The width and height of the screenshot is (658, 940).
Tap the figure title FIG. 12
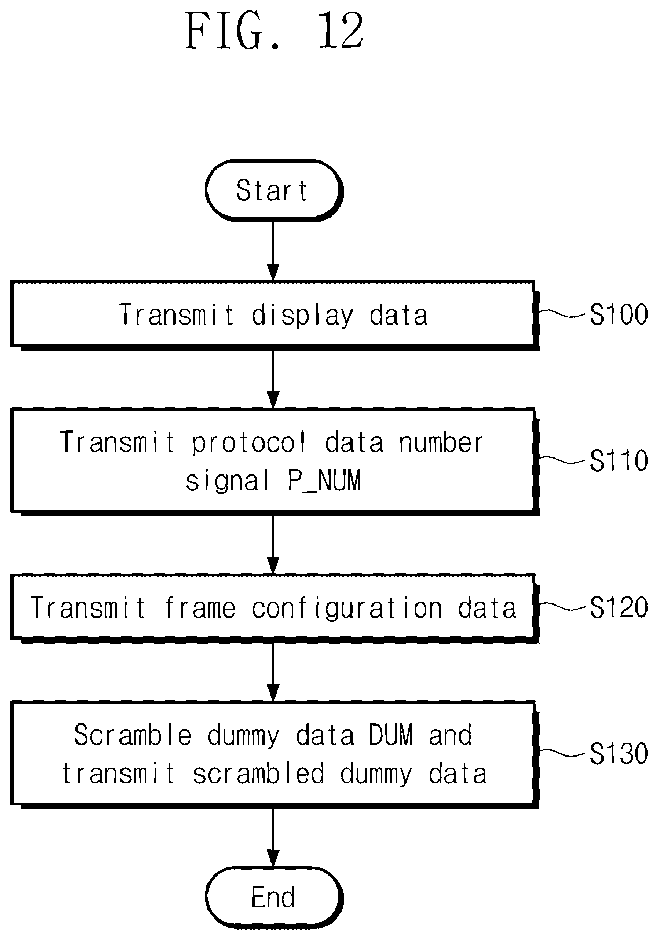click(275, 31)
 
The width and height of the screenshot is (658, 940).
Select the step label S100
click(618, 315)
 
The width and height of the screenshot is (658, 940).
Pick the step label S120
click(618, 608)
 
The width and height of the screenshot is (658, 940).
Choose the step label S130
click(618, 754)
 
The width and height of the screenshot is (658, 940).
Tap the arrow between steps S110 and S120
click(273, 544)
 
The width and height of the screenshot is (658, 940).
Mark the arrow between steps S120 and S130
click(273, 671)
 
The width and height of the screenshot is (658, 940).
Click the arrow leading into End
click(273, 837)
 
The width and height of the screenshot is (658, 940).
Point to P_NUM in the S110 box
click(325, 481)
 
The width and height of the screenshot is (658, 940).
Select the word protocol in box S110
click(249, 442)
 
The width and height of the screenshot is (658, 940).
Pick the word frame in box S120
click(200, 608)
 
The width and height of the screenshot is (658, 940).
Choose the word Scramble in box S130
click(133, 735)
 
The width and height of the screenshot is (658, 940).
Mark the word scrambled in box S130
click(258, 774)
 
